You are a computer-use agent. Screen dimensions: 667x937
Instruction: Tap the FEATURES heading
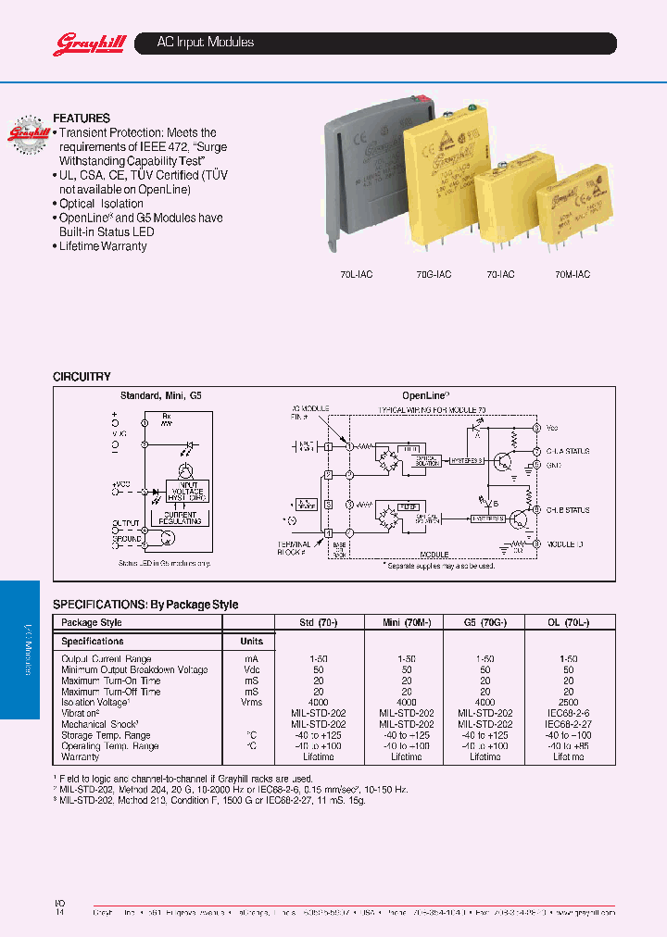tap(82, 119)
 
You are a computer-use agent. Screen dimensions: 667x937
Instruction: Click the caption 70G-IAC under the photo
tap(433, 275)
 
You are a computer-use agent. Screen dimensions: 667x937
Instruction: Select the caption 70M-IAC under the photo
tap(572, 275)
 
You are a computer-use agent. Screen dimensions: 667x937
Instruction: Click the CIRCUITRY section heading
tap(82, 377)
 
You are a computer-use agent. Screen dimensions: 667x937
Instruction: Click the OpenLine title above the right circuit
tap(425, 395)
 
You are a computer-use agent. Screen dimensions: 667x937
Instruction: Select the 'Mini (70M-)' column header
tap(407, 622)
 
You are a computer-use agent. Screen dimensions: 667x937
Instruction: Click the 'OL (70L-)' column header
tap(569, 622)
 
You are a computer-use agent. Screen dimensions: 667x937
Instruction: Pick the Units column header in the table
tap(251, 641)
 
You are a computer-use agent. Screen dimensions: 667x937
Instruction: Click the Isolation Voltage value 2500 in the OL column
tap(569, 703)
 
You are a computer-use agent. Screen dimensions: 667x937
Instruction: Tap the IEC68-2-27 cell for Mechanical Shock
tap(569, 724)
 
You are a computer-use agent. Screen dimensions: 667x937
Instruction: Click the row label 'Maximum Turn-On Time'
tap(110, 681)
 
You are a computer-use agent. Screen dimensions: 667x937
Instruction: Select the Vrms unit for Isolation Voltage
tap(251, 703)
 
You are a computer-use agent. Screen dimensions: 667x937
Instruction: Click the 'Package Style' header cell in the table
tap(92, 622)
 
